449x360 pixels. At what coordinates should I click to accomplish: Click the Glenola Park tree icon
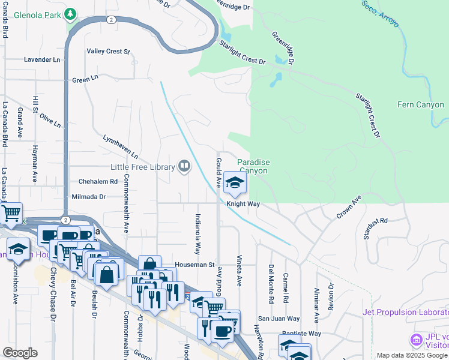click(x=71, y=13)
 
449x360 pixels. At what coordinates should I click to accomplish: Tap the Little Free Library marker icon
click(x=184, y=166)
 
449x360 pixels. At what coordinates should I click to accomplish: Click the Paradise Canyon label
click(x=253, y=166)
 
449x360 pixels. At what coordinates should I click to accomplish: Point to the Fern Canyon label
click(x=421, y=105)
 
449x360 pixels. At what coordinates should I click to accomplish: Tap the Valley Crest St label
click(x=109, y=52)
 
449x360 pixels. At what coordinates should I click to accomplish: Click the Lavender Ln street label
click(x=43, y=60)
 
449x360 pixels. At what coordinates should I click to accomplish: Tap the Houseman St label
click(x=194, y=264)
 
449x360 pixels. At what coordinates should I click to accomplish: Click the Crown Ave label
click(x=349, y=206)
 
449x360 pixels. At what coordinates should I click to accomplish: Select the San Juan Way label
click(x=279, y=319)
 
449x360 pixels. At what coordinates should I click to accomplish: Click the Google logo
click(x=20, y=353)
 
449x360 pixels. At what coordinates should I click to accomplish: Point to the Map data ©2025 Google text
click(x=411, y=355)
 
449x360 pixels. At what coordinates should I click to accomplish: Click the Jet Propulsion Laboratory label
click(x=405, y=312)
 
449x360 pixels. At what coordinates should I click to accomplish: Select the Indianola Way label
click(x=197, y=234)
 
